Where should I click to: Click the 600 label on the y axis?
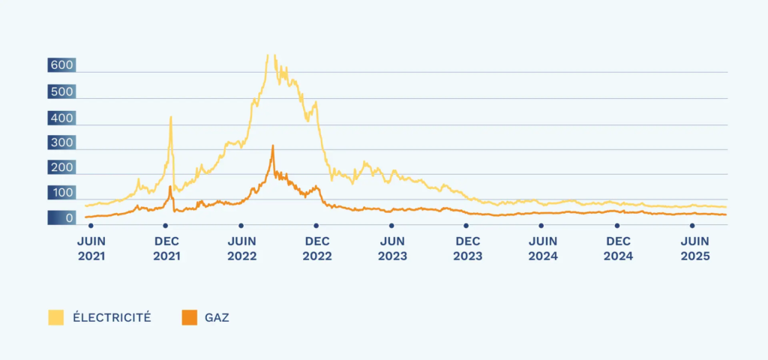(x=61, y=66)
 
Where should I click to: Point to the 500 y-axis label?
(x=61, y=92)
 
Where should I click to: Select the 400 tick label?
(x=61, y=118)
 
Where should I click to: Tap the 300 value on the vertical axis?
(x=61, y=142)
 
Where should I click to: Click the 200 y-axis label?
(x=61, y=168)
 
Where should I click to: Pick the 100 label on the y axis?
(x=61, y=193)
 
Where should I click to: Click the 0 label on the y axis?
(x=68, y=219)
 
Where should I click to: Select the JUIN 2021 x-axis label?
(x=91, y=248)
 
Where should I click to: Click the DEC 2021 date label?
(x=166, y=248)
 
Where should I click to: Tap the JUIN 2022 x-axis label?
(x=241, y=248)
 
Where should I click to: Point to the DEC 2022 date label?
(x=316, y=248)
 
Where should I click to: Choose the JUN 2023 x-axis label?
(x=392, y=248)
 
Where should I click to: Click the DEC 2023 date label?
(x=467, y=248)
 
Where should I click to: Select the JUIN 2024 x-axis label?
(x=542, y=248)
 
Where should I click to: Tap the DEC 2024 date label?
(x=618, y=248)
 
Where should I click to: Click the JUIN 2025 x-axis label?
(x=693, y=248)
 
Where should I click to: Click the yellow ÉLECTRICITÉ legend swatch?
(x=56, y=317)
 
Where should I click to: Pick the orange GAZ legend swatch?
(x=189, y=317)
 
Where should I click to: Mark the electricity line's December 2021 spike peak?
(x=171, y=117)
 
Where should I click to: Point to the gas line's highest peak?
(x=273, y=145)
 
